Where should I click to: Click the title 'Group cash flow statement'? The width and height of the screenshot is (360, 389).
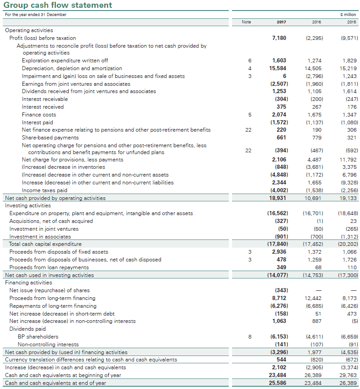tap(58, 6)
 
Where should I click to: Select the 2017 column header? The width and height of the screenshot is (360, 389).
tap(282, 22)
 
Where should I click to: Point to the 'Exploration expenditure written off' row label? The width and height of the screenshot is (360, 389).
tap(65, 61)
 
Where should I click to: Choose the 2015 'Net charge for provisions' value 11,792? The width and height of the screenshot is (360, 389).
tap(348, 160)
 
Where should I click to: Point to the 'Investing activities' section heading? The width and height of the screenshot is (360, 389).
tap(28, 206)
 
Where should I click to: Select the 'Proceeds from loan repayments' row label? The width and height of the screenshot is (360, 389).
tap(49, 267)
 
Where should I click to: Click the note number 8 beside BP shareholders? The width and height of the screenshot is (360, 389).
tap(250, 337)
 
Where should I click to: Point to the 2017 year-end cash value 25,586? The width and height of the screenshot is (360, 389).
tap(278, 383)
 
